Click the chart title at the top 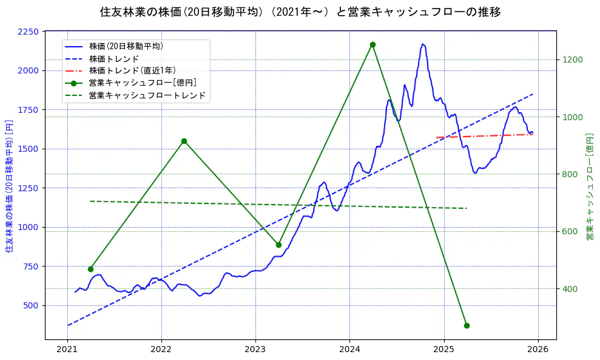[x=300, y=12]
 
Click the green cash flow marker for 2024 [x=372, y=44]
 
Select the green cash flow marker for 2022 [x=184, y=141]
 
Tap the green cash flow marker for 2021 [x=90, y=269]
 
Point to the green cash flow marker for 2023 [x=278, y=245]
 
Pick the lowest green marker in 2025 [x=467, y=325]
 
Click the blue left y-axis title [x=9, y=185]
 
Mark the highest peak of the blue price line [x=423, y=44]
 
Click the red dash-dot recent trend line [x=485, y=136]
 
